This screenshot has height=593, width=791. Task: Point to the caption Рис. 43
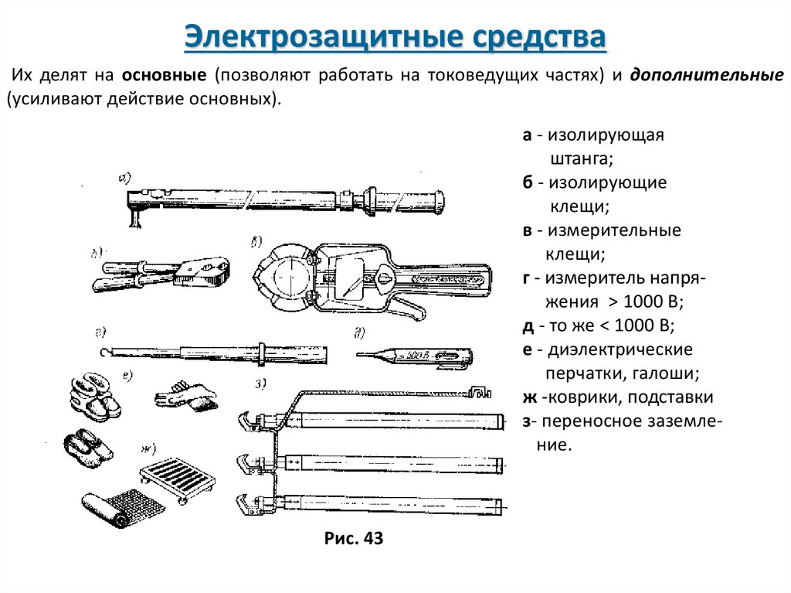[354, 538]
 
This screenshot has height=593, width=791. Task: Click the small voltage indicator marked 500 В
[417, 355]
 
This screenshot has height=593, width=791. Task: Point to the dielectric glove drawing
[185, 394]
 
